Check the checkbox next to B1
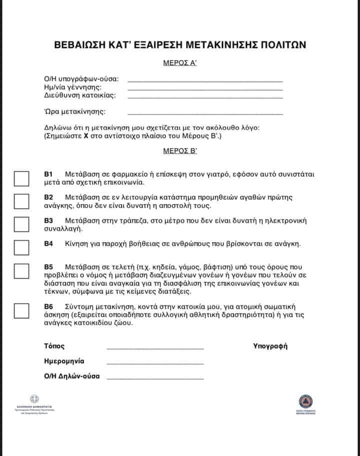click(x=21, y=178)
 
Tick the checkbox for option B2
click(x=21, y=201)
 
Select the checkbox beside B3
click(x=21, y=224)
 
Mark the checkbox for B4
click(x=21, y=247)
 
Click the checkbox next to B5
click(x=21, y=270)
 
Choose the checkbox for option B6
click(x=21, y=310)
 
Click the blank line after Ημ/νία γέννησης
click(x=205, y=89)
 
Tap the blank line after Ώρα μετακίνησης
click(x=205, y=113)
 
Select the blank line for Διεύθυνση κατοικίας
click(x=205, y=97)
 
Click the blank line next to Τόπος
click(x=155, y=348)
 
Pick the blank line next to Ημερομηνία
click(x=155, y=363)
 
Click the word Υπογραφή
click(x=270, y=346)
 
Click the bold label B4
click(x=48, y=244)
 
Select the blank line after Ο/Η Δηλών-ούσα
click(x=155, y=379)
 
